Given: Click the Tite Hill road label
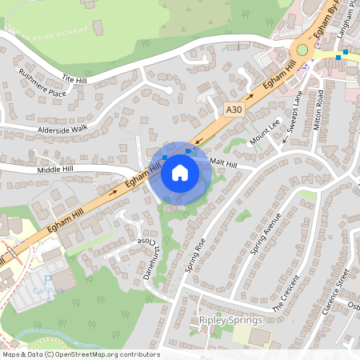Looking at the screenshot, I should (x=78, y=78).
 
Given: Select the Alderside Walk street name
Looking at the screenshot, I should (x=61, y=128).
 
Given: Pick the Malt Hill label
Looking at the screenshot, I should (x=223, y=163).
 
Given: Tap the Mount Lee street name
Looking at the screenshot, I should (x=266, y=130).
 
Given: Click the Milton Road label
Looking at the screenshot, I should (x=320, y=110).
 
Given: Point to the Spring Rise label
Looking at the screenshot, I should (x=195, y=254).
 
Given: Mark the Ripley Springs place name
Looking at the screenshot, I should (x=230, y=320).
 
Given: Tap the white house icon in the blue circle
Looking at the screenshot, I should (x=180, y=172).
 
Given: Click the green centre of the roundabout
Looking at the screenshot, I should (x=302, y=50).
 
